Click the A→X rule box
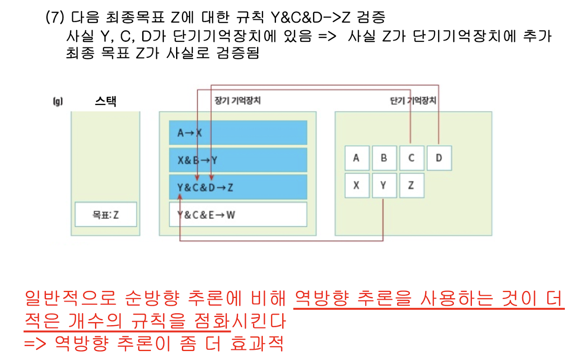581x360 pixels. pos(238,132)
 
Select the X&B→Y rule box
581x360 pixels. pos(238,160)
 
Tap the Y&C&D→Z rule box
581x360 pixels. pos(238,187)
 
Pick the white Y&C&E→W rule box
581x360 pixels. pos(238,215)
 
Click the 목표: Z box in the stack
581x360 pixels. pos(106,215)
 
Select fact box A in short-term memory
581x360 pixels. pos(356,158)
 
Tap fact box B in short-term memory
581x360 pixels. pos(384,158)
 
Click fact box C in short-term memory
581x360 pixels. pos(412,158)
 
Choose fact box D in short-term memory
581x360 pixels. pos(439,158)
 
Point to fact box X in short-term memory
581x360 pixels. pos(356,185)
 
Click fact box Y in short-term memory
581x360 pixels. pos(384,185)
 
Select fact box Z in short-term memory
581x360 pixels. pos(412,185)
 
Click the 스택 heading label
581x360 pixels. pos(106,102)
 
